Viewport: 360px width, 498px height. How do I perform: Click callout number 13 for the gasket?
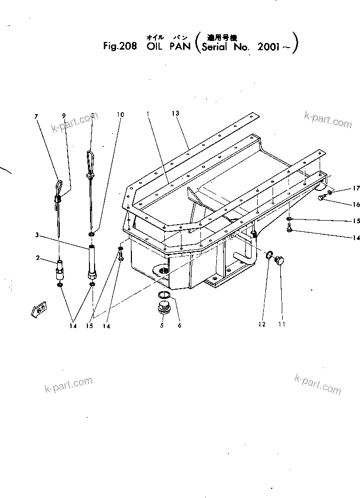pos(176,113)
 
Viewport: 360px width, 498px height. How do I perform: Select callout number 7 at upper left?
pos(36,116)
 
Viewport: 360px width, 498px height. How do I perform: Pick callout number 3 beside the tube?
pos(37,235)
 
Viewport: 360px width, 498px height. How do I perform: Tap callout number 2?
pos(38,258)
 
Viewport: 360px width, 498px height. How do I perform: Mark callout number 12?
pos(262,324)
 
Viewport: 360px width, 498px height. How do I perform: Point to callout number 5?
pos(162,324)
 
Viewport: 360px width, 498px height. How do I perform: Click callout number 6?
pos(179,324)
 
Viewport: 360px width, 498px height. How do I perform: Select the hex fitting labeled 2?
pos(60,268)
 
